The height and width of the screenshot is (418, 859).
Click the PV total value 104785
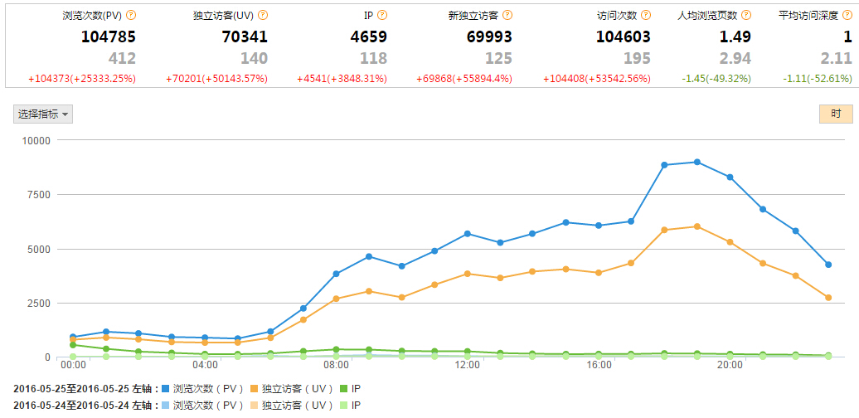pos(108,36)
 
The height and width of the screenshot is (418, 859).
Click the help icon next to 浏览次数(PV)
pos(131,16)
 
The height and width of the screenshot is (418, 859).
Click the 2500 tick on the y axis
pos(37,304)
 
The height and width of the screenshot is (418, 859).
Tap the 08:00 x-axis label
pos(336,365)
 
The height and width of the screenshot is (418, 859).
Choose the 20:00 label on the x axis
pos(730,365)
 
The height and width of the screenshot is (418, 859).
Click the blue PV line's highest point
pos(697,162)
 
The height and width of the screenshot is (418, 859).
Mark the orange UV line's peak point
pos(697,226)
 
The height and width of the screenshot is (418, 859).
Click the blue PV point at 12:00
pos(468,234)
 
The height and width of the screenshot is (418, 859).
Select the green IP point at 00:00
pos(73,345)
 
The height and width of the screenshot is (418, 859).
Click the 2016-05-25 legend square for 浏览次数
pos(166,388)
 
